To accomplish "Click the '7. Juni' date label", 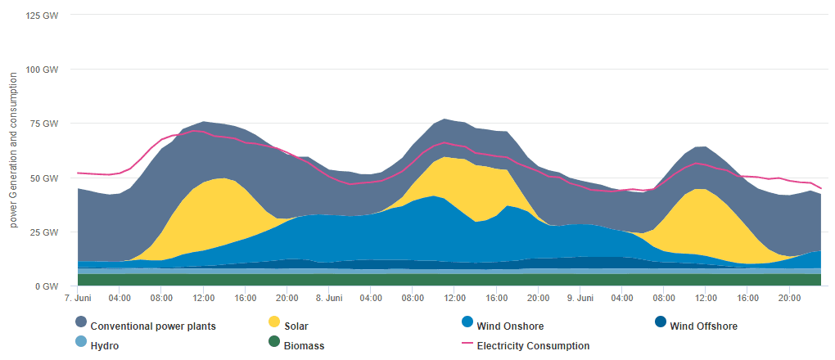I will point(77,299).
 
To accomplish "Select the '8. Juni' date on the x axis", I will point(328,299).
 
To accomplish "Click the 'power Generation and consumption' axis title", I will point(14,149).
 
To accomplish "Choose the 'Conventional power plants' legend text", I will point(153,326).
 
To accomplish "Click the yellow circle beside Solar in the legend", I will point(273,322).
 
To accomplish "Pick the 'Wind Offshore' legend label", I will point(703,326).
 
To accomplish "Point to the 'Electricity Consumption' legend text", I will point(533,346).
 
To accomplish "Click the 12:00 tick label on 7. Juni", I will point(203,299).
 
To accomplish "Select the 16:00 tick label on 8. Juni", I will point(496,299).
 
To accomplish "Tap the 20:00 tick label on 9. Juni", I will point(789,299).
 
